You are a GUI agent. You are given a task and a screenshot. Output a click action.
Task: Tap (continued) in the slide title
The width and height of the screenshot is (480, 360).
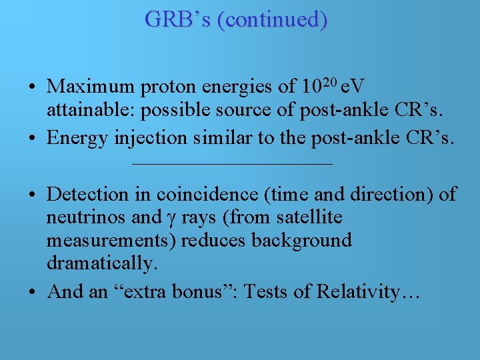[276, 20]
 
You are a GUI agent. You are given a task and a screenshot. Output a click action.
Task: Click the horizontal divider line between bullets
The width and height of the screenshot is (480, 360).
[232, 164]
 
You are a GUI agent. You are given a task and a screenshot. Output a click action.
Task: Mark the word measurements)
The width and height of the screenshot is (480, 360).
[111, 241]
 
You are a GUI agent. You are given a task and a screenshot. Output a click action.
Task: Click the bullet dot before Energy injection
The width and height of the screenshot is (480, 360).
[32, 139]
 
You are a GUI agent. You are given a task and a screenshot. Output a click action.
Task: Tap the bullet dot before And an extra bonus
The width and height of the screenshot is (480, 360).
[32, 292]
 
